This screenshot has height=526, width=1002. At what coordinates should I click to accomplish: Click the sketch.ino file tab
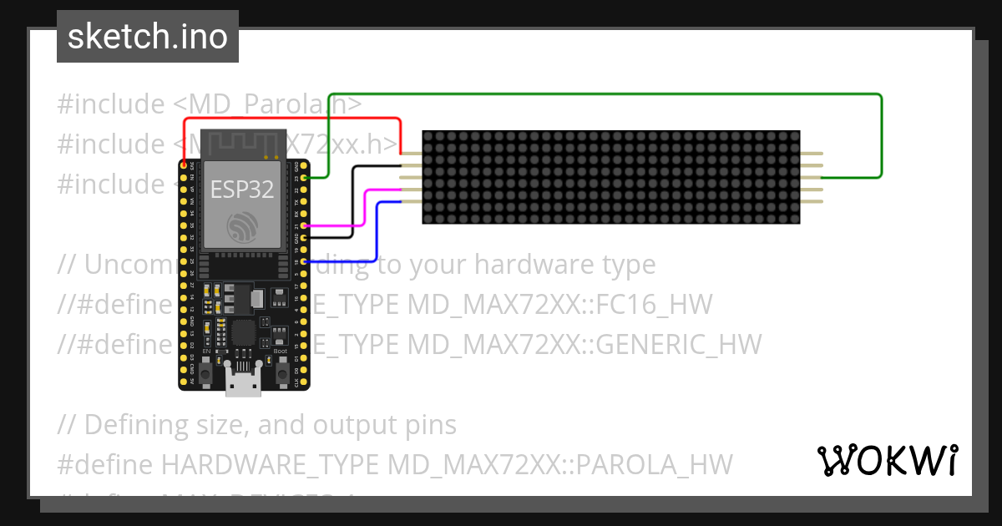coord(147,37)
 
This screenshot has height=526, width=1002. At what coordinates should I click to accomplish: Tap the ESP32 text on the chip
coord(241,190)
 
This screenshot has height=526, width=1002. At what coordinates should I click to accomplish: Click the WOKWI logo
coord(887,460)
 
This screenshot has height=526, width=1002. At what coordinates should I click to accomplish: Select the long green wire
coord(601,94)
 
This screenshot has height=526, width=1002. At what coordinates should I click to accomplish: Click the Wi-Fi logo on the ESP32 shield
coord(241,225)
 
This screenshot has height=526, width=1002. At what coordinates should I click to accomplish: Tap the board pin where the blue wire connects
coord(305,262)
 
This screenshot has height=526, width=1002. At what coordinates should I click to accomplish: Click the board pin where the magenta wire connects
coord(305,225)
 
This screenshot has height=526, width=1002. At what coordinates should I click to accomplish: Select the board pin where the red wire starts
coord(184,166)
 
